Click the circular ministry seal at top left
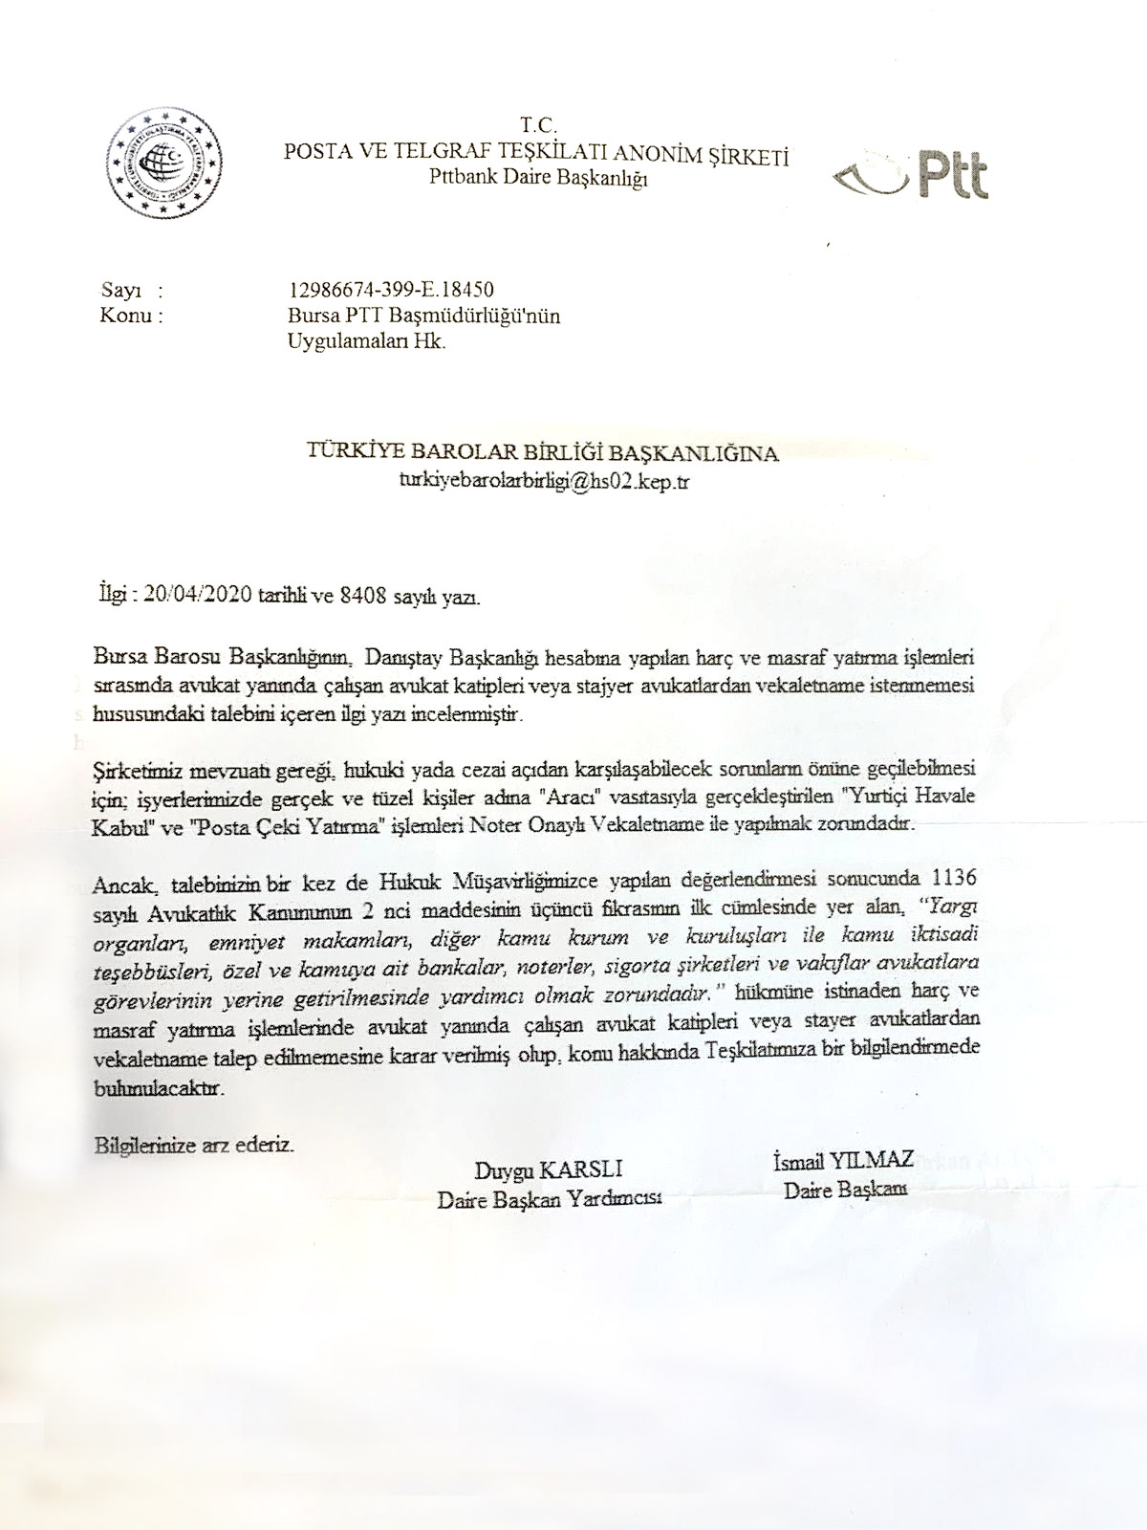tap(164, 164)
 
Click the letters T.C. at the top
tap(538, 125)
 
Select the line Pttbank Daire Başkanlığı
tap(538, 177)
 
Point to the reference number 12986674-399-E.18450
tap(391, 289)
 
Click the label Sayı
tap(119, 289)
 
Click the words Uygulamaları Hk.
tap(367, 341)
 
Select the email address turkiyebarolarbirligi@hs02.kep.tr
tap(543, 481)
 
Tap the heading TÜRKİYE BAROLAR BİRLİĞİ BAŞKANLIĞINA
tap(543, 453)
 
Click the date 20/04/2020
tap(198, 598)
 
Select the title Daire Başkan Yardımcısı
tap(549, 1199)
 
